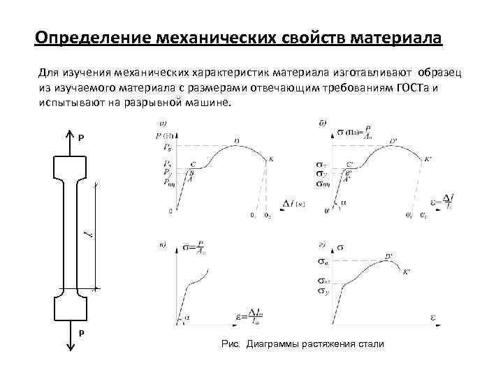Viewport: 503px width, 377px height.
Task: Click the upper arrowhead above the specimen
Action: click(71, 131)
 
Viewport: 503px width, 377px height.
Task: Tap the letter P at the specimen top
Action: click(80, 138)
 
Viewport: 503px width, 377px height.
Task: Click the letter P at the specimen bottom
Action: click(80, 333)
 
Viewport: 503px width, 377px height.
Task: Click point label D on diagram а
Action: click(236, 141)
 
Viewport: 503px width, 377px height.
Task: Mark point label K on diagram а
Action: click(271, 159)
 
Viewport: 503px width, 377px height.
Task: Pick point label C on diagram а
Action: click(193, 164)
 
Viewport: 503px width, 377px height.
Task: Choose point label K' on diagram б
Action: click(428, 159)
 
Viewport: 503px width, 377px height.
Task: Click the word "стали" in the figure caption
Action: click(370, 345)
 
